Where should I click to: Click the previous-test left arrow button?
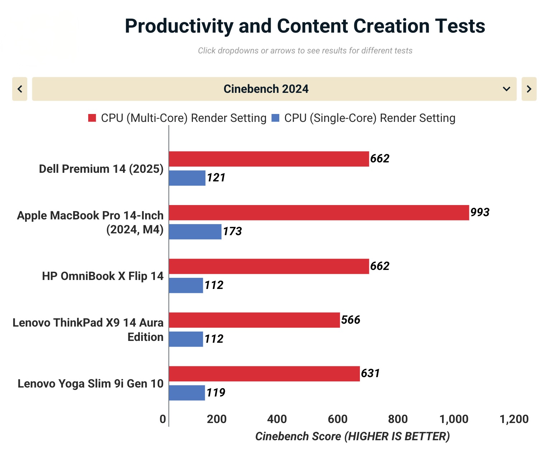coord(20,89)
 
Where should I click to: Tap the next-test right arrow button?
coord(529,89)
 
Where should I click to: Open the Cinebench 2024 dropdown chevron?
coord(506,89)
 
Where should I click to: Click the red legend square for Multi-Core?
coord(92,118)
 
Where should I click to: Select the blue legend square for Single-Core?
coord(275,118)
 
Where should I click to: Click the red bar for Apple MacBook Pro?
coord(319,213)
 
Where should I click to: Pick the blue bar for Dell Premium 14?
coord(187,178)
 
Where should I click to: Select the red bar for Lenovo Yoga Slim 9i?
coord(264,374)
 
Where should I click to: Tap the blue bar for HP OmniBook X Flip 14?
coord(186,285)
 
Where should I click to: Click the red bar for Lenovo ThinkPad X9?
coord(254,320)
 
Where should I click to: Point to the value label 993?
coord(480,212)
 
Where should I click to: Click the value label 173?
coord(232,231)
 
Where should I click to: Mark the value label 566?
coord(350,320)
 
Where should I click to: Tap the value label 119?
coord(215,393)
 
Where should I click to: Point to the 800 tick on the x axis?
coord(398,419)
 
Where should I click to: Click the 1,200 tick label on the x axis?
coord(514,419)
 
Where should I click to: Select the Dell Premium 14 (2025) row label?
coord(101,168)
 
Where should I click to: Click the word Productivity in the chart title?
coord(179,26)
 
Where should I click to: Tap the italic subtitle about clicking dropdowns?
coord(305,51)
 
